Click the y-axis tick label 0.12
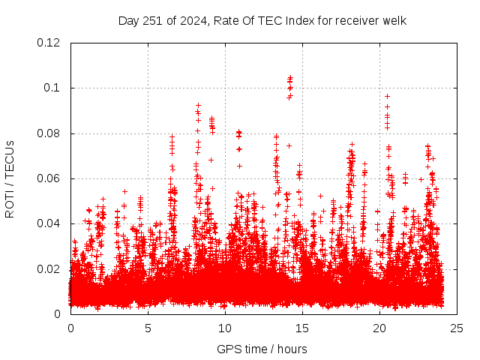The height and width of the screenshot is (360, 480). tap(49, 43)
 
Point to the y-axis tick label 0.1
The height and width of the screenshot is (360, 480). tap(52, 88)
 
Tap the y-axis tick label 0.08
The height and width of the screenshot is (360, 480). tap(49, 133)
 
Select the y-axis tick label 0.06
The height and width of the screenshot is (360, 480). tap(49, 178)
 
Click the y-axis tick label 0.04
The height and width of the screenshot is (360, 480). tap(49, 223)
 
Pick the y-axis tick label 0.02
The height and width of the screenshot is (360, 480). tap(49, 268)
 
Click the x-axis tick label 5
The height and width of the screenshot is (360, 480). tap(148, 328)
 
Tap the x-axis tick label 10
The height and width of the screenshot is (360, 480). tap(225, 328)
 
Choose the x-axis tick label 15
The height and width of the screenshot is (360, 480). tap(302, 328)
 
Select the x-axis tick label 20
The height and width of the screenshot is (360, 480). tap(379, 328)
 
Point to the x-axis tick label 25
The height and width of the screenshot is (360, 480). tap(457, 328)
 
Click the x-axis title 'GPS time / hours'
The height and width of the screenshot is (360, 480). tap(262, 349)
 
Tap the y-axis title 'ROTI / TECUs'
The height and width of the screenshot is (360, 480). tap(10, 178)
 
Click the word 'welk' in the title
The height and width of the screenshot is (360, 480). tap(394, 20)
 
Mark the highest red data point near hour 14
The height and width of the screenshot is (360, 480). tap(289, 77)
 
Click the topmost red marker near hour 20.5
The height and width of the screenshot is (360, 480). tap(387, 96)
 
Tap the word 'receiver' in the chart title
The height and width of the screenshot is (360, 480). tap(357, 20)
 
